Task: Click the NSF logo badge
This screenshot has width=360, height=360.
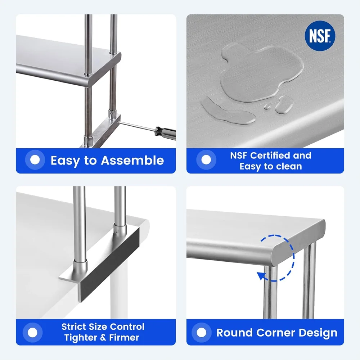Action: [x=320, y=36]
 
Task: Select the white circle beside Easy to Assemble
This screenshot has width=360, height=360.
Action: [x=35, y=160]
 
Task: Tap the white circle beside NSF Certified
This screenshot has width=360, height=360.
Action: [x=206, y=160]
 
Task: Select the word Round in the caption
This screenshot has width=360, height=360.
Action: [x=234, y=333]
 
